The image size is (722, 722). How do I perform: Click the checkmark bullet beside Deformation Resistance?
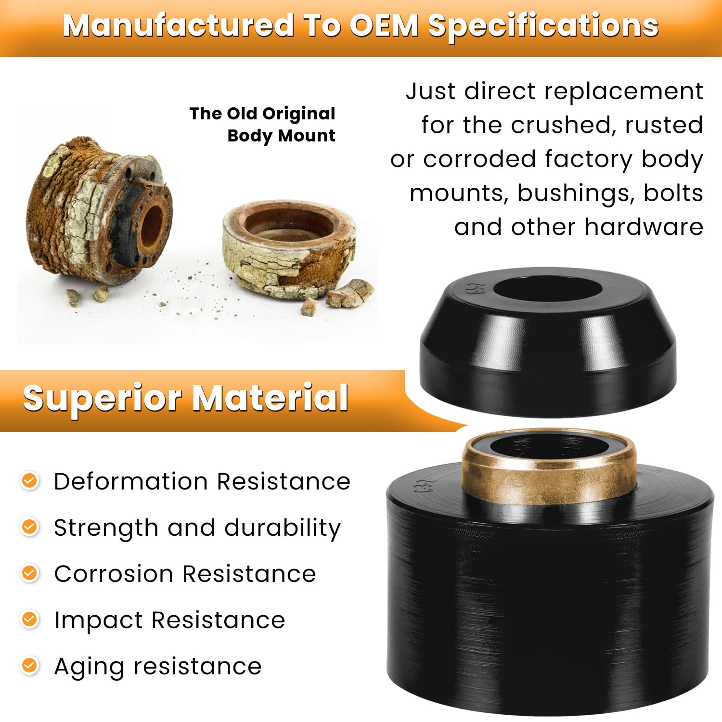click(x=30, y=481)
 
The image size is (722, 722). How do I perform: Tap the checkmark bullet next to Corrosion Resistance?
click(x=30, y=573)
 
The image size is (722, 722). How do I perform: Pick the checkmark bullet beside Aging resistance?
click(x=30, y=666)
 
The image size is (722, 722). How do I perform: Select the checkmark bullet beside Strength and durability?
click(x=30, y=527)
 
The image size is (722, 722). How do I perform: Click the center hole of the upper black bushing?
click(x=548, y=290)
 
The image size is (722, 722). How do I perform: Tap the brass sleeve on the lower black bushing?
click(x=549, y=486)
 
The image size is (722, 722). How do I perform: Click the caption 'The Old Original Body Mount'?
click(x=263, y=124)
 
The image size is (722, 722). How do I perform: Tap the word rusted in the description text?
click(x=664, y=126)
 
